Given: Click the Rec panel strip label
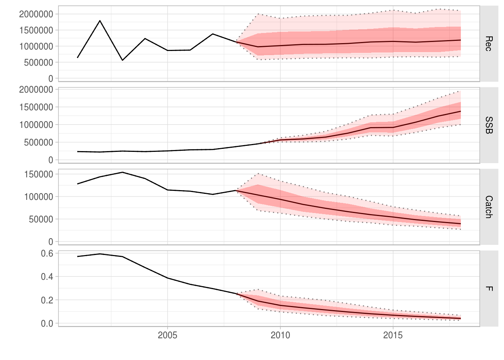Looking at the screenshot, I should (x=488, y=43).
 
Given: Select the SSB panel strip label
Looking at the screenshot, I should (x=488, y=125).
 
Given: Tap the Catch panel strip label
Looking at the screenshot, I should (x=488, y=207).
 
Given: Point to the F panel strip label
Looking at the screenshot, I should (x=488, y=288).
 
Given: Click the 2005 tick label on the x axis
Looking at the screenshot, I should (x=167, y=335).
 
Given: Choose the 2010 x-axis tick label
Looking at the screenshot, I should (x=280, y=335).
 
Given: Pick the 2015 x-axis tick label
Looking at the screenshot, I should (x=393, y=335).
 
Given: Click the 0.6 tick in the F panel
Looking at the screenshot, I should (x=47, y=253).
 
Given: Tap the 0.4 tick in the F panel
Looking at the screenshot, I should (x=47, y=277).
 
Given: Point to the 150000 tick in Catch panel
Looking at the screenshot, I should (x=39, y=174).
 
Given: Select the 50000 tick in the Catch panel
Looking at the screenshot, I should (x=41, y=219).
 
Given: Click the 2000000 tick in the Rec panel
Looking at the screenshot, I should (x=36, y=14).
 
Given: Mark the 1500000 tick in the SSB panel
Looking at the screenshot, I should (x=36, y=107).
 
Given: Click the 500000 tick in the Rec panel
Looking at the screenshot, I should (x=39, y=63).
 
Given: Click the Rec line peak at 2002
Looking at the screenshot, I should (x=100, y=21).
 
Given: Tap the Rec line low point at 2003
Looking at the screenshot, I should (x=122, y=60).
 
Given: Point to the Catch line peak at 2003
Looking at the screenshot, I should (x=122, y=172).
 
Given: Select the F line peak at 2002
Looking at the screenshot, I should (x=100, y=254).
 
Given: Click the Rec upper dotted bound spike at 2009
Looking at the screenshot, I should (x=258, y=14).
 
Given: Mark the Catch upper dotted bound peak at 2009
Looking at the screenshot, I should (x=258, y=174).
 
